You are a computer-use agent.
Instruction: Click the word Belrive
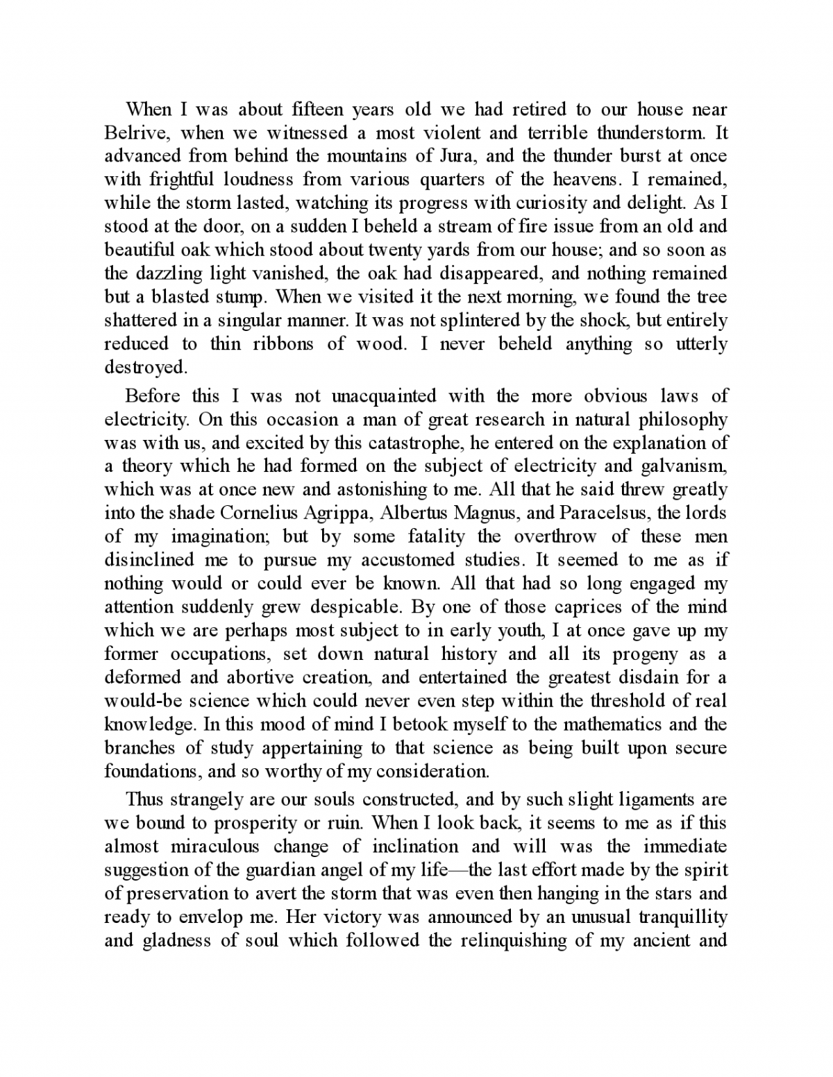point(131,133)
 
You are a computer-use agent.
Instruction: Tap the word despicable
point(356,607)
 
